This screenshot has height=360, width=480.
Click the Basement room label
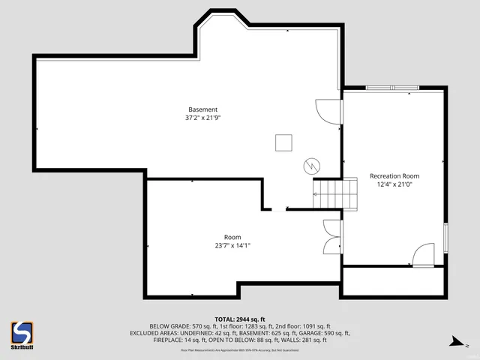tap(202, 109)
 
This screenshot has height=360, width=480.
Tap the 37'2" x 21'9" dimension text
tap(202, 118)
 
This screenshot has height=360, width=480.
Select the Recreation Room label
tap(394, 176)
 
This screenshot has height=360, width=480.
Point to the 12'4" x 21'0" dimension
tap(394, 184)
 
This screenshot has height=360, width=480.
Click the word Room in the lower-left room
tap(232, 237)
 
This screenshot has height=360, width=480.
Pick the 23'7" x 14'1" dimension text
tap(232, 245)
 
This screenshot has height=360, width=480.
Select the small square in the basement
tap(283, 142)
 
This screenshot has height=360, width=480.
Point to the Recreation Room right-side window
tap(447, 238)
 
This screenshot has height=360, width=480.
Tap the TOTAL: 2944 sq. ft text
tap(240, 319)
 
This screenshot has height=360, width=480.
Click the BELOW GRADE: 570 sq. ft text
tap(177, 325)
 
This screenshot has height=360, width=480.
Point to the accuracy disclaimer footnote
tap(240, 349)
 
